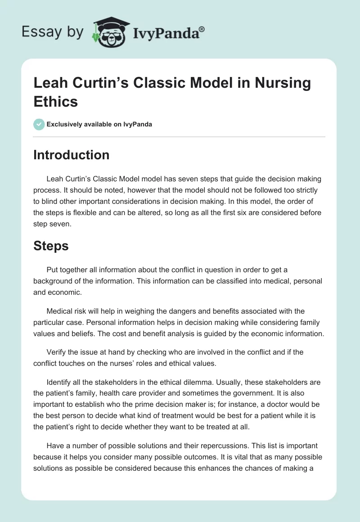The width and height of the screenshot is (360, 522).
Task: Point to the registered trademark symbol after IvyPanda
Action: [x=202, y=28]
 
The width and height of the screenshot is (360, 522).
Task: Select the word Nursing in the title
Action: [x=282, y=83]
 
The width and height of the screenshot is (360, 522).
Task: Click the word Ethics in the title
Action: [x=56, y=101]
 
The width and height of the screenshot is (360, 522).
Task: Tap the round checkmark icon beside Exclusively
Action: [x=39, y=124]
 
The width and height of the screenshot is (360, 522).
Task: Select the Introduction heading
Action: [x=71, y=155]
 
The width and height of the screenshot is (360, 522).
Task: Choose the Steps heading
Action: [x=51, y=247]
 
